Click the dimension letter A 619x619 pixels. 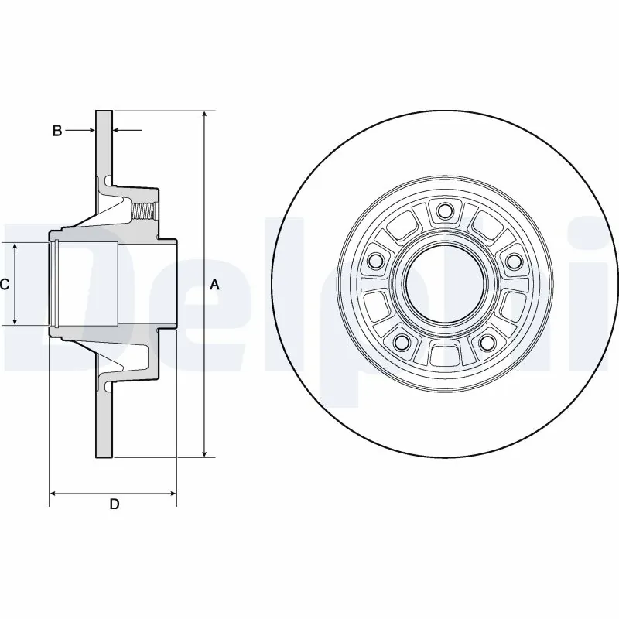click(215, 285)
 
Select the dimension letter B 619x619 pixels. click(56, 131)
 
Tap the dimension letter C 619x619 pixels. click(5, 284)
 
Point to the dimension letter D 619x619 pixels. click(114, 504)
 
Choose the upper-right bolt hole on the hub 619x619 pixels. click(512, 261)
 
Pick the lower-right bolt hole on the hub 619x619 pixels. click(486, 342)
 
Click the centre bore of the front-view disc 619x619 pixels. click(443, 284)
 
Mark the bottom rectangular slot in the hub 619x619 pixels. click(443, 354)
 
